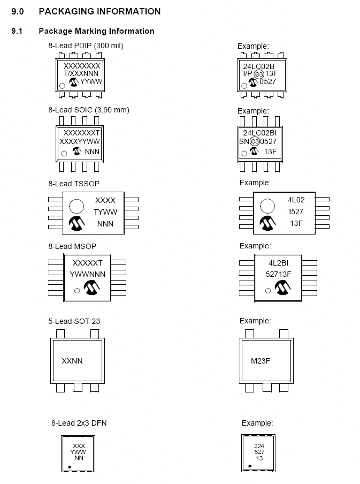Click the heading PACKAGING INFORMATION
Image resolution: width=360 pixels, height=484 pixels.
click(x=99, y=11)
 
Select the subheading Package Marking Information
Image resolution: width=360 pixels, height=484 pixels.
click(x=96, y=31)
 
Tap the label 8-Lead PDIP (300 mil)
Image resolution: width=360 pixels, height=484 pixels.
click(x=86, y=46)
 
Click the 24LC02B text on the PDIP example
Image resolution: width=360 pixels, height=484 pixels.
click(x=259, y=66)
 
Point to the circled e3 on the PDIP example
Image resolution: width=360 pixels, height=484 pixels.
click(x=259, y=74)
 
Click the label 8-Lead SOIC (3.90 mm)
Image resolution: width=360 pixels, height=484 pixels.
click(x=89, y=110)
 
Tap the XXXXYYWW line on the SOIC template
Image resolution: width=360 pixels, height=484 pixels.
click(x=80, y=141)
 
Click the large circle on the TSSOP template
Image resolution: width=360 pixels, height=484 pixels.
click(x=76, y=206)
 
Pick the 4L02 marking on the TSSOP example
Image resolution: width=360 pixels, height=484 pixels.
click(x=296, y=200)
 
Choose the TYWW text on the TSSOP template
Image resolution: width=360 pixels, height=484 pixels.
click(x=105, y=212)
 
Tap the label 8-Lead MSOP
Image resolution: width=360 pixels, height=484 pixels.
click(x=72, y=246)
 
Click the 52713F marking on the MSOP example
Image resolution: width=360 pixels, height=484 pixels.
click(x=279, y=274)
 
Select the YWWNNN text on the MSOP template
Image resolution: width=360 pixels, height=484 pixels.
click(x=88, y=274)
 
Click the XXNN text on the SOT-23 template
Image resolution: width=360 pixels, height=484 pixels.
click(x=73, y=361)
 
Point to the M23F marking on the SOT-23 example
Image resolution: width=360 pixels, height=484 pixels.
click(x=261, y=361)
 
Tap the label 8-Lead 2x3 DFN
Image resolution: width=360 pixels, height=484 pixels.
click(x=79, y=423)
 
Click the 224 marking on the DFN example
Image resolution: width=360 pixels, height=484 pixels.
click(x=259, y=445)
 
